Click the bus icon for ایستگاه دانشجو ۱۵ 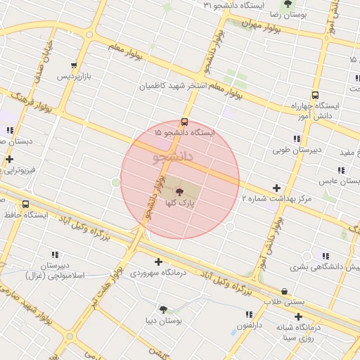point(184,121)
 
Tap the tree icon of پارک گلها point(179,191)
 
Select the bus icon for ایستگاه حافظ point(26,205)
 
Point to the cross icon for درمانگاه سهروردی point(158,262)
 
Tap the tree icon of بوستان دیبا point(163,309)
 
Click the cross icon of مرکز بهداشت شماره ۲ point(277,188)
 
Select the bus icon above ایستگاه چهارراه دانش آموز point(314,95)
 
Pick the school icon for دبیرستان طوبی point(296,139)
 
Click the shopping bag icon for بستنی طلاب point(284,290)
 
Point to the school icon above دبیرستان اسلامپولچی point(54,255)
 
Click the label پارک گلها point(179,202)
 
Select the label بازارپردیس point(74,75)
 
